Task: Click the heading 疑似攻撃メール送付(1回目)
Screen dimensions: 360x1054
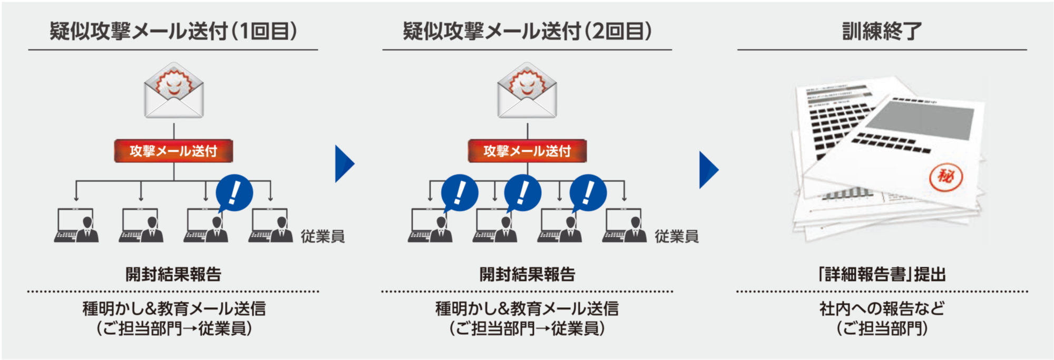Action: click(173, 31)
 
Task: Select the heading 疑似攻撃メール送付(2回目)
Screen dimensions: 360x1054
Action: click(527, 31)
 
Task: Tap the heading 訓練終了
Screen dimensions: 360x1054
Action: click(882, 31)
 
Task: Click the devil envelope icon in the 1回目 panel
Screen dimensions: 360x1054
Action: click(174, 90)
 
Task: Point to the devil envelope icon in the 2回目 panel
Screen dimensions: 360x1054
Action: click(527, 90)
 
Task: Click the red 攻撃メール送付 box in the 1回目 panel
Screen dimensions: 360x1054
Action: click(173, 151)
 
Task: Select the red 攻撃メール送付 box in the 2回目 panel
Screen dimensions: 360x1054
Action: click(527, 151)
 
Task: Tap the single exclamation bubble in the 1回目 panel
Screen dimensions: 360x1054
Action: click(235, 193)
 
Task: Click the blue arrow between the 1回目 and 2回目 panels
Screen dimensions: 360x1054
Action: click(344, 164)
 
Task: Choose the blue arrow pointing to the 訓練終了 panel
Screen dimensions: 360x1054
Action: click(708, 170)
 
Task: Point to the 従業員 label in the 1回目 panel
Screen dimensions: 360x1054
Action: click(323, 237)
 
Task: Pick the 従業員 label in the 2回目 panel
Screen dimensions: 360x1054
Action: click(677, 237)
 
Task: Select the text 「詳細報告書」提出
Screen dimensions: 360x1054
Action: click(882, 275)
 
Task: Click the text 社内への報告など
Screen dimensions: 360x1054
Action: click(882, 308)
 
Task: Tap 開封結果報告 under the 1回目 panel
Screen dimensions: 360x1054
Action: click(173, 275)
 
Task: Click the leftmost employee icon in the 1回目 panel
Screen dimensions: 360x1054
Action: click(76, 226)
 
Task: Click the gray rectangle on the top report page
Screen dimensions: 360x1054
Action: click(920, 120)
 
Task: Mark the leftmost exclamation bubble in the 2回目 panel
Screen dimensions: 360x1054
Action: click(460, 193)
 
